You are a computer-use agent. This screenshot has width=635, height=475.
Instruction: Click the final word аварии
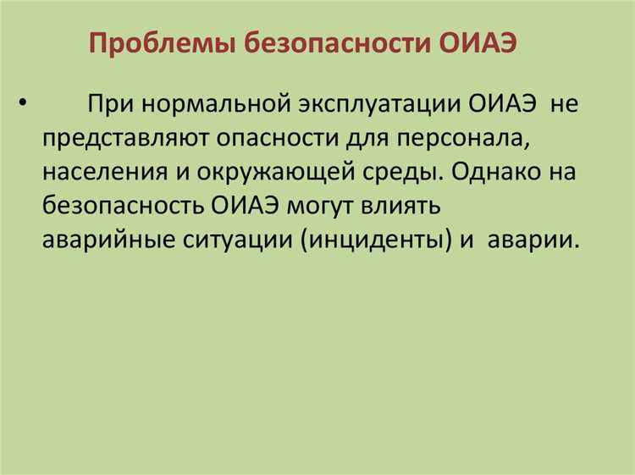pos(537,239)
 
